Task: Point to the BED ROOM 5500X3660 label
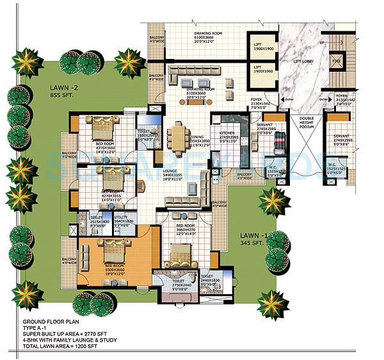[114, 268]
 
